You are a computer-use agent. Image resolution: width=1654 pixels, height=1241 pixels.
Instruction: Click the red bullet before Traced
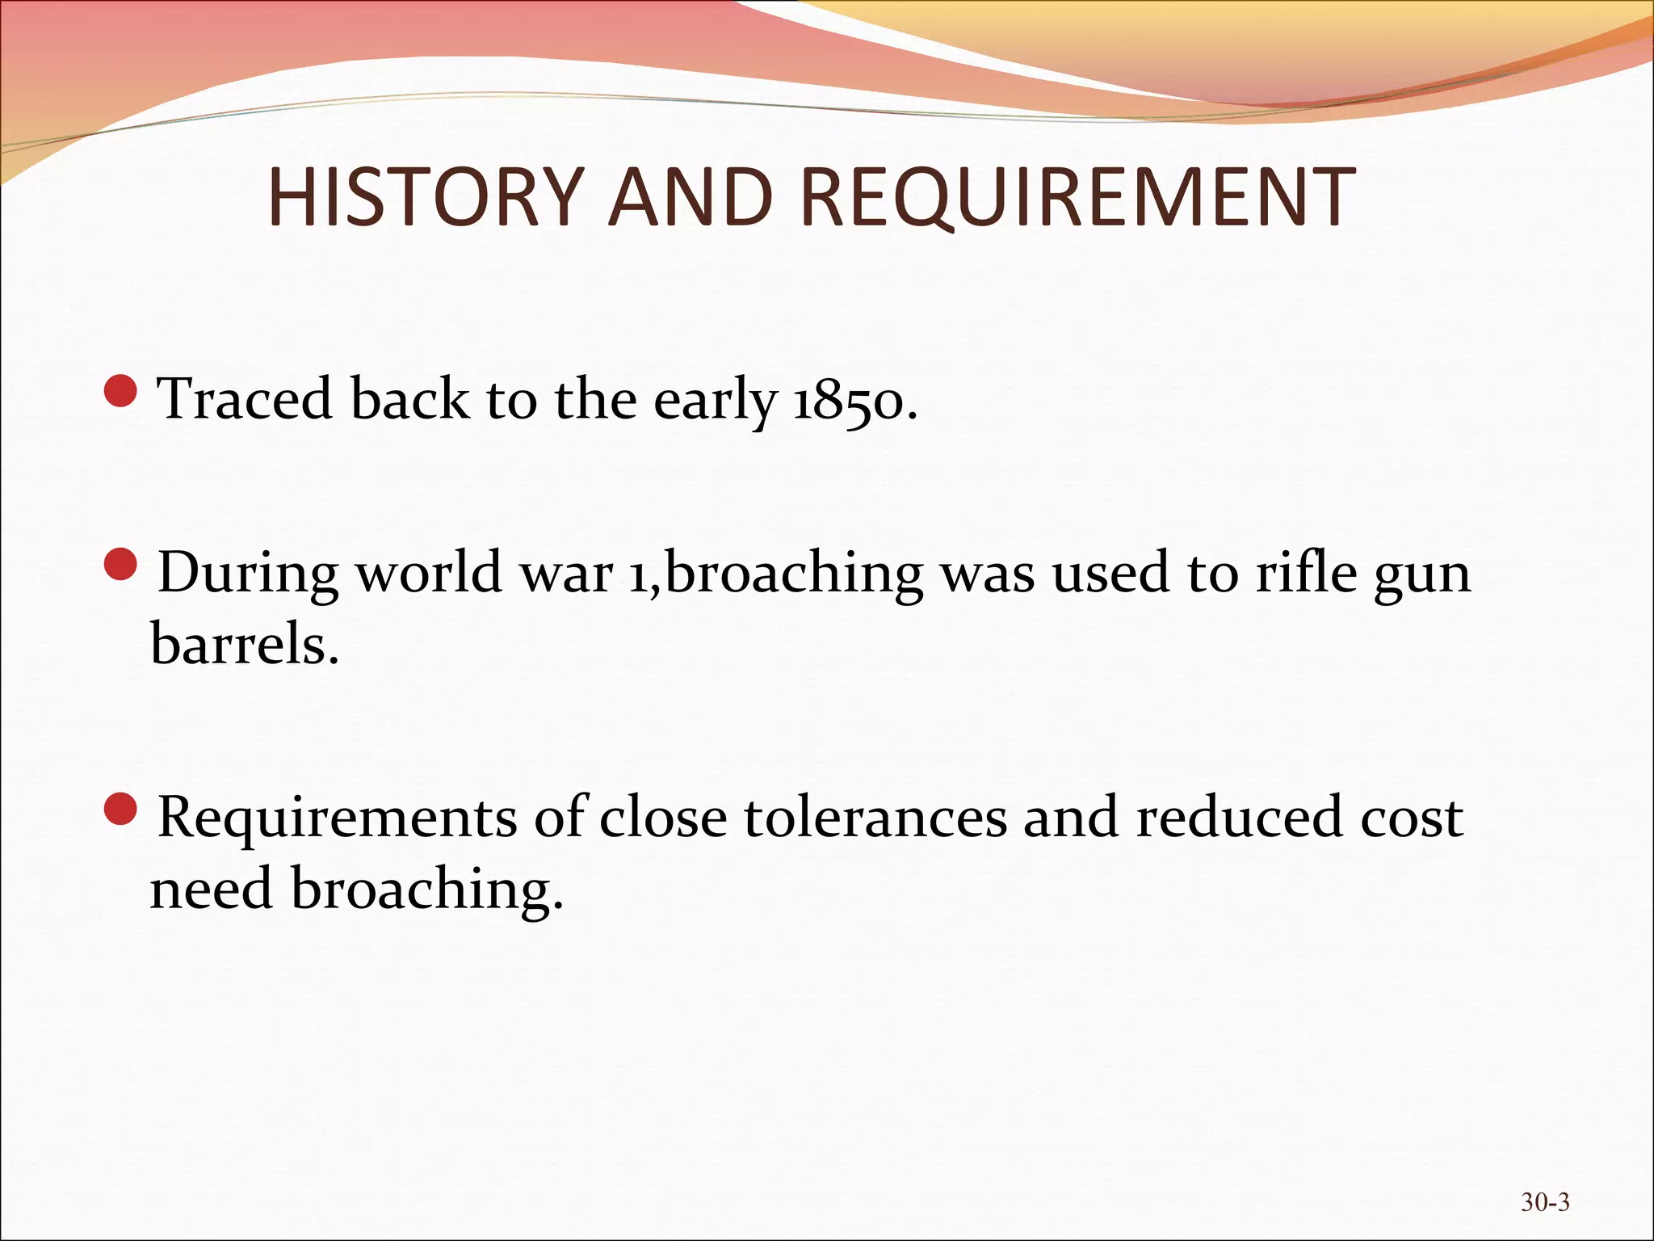pos(121,391)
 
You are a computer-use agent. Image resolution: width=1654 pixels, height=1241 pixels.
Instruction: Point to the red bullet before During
pos(121,565)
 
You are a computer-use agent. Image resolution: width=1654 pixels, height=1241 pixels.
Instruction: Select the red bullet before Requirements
pos(121,810)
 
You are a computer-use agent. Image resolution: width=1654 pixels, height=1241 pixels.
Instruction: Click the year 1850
pos(854,399)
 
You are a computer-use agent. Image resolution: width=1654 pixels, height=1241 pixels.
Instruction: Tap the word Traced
pos(245,399)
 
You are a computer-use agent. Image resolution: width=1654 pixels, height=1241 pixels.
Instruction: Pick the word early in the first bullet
pos(715,401)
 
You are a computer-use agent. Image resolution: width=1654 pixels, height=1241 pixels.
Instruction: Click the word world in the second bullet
pos(429,573)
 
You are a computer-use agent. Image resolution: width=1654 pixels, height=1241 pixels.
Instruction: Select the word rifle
pos(1306,573)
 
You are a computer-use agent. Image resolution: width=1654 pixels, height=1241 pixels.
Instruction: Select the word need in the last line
pos(212,889)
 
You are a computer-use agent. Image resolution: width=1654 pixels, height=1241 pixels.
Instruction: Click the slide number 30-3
pos(1545,1201)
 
